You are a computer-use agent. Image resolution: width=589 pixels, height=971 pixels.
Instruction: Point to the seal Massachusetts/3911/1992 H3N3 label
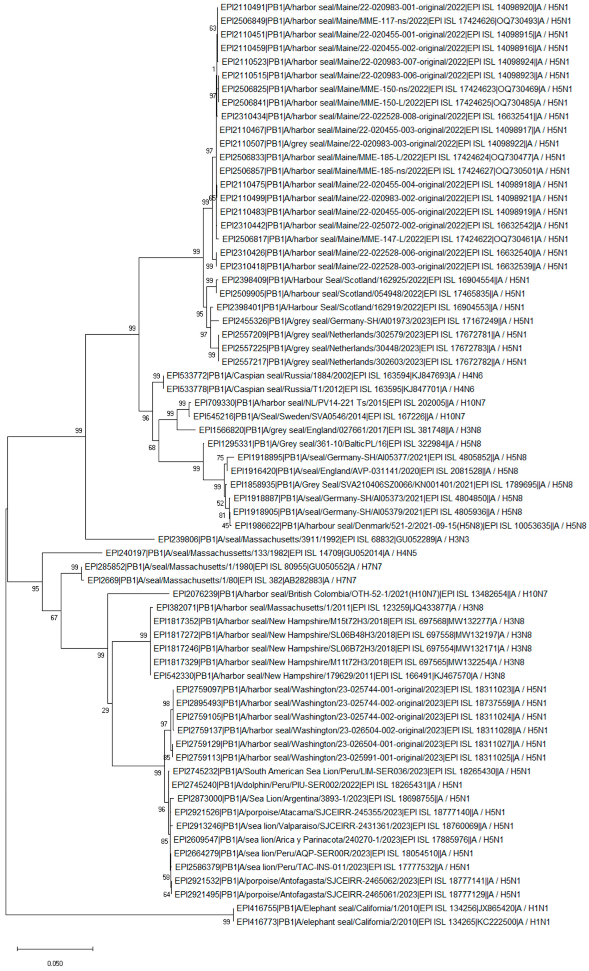coord(314,539)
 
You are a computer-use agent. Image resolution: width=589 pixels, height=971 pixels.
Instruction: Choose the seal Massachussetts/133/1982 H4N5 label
coord(261,553)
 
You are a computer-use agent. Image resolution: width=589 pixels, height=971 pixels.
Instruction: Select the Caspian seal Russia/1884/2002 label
coord(324,376)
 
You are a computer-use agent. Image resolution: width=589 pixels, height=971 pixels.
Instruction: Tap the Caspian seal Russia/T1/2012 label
coord(320,389)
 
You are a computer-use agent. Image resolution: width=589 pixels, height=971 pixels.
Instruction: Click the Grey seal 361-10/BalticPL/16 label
coord(344,444)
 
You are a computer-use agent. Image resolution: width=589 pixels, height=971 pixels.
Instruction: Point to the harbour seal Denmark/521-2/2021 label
coord(410,526)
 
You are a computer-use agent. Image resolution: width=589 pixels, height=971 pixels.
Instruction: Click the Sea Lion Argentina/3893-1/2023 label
coord(323,799)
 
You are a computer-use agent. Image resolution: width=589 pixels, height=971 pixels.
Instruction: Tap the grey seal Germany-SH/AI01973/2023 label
coord(378,321)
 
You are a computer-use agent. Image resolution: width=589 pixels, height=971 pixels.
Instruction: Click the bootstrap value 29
coord(105,710)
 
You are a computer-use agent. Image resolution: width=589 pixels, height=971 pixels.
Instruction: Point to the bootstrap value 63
coord(212,28)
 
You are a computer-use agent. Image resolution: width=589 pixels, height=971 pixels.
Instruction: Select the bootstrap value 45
coord(225,525)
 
